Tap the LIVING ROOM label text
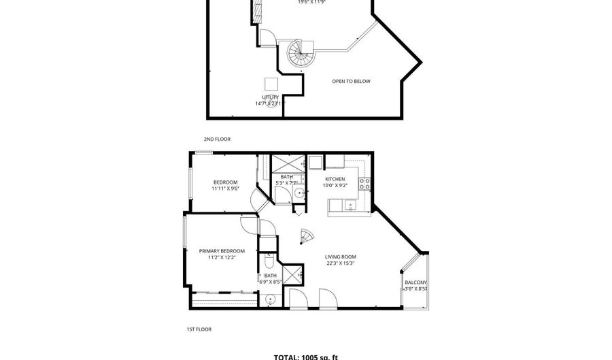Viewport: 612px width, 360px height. tap(341, 257)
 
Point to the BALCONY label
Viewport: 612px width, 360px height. tap(415, 282)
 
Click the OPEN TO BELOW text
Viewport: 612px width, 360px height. tap(351, 82)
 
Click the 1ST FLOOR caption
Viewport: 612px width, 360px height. tap(199, 329)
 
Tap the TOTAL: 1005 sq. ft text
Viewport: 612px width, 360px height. tap(305, 356)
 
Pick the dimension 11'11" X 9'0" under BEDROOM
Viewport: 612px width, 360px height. tap(225, 189)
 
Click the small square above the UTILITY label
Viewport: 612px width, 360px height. tap(271, 84)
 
